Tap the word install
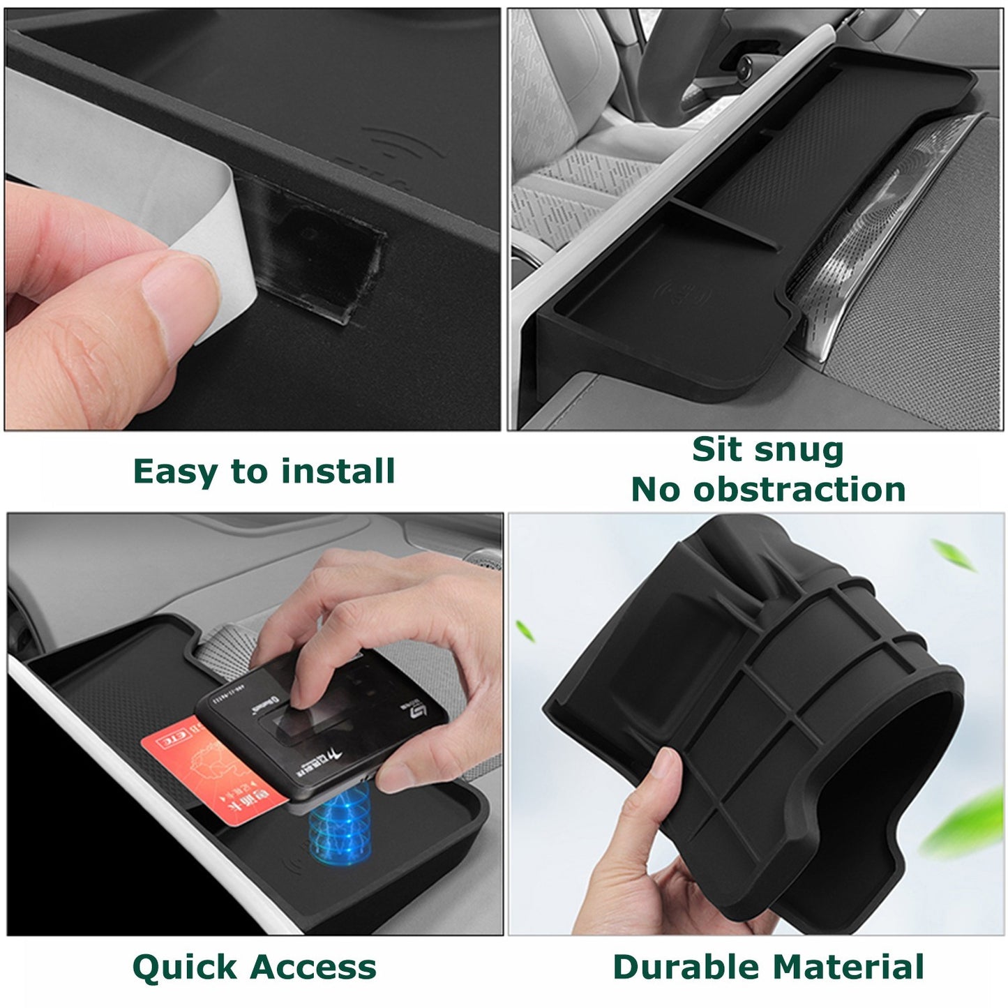point(338,472)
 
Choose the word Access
point(313,968)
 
